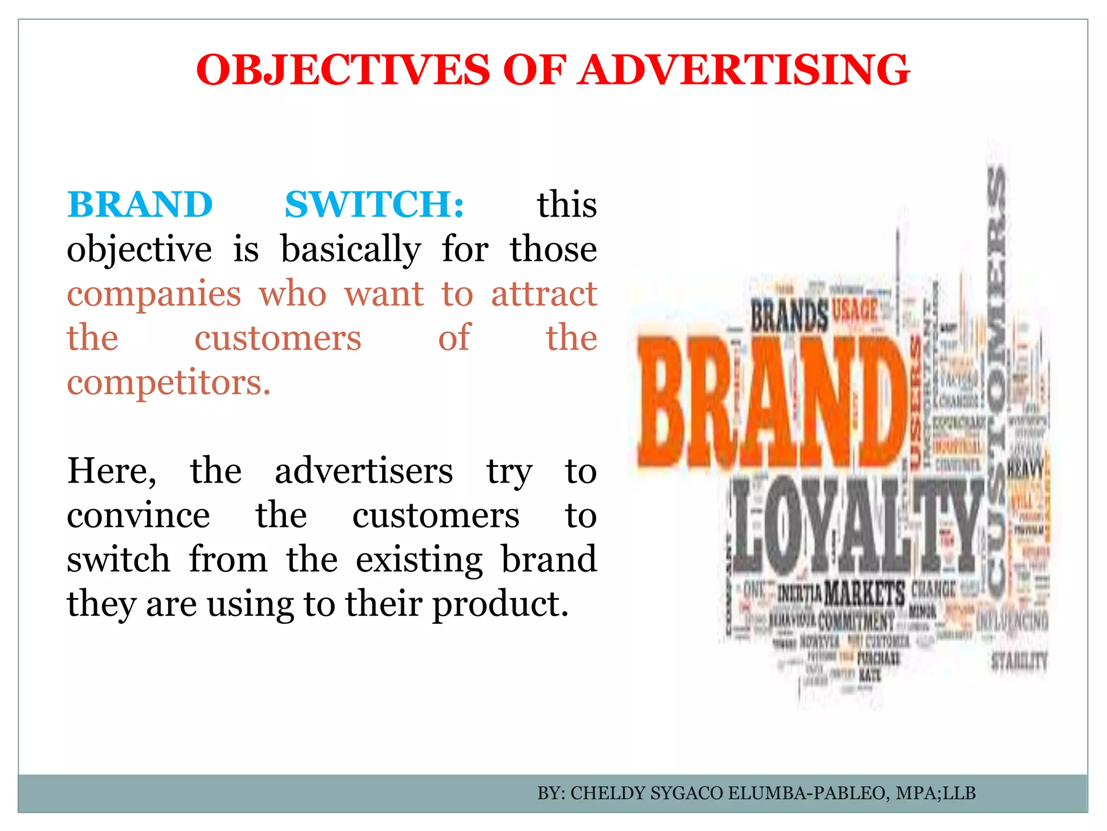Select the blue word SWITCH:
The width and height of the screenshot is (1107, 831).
point(374,205)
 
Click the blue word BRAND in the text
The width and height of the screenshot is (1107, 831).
point(140,205)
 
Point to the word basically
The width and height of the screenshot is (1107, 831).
point(350,250)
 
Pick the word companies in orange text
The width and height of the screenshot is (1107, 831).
point(154,294)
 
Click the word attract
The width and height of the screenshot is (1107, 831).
point(544,294)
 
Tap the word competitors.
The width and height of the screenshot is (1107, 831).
point(168,383)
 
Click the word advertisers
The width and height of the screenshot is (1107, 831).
point(363,471)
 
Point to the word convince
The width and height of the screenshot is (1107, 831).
point(138,516)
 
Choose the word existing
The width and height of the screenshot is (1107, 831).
point(419,560)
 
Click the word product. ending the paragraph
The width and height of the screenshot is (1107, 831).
point(501,604)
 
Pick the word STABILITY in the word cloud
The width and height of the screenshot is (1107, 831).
point(1019,661)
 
